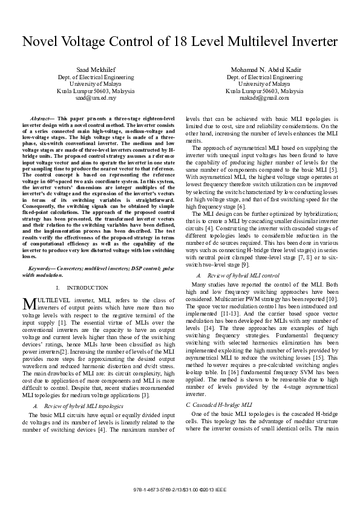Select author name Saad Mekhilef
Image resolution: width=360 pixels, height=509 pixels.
point(90,71)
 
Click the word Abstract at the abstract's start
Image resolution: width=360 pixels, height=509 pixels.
point(41,114)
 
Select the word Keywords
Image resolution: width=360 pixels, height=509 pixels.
point(44,269)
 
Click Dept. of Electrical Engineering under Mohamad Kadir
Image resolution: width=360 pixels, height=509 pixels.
point(264,77)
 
